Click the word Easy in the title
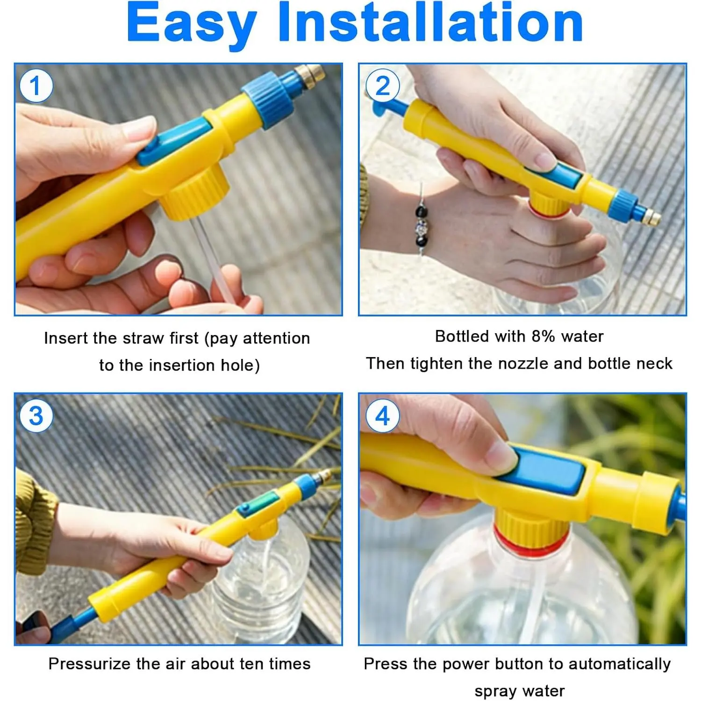(x=192, y=24)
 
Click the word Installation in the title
(x=430, y=21)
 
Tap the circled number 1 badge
(x=36, y=86)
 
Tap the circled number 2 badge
(x=383, y=86)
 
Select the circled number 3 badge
(x=36, y=415)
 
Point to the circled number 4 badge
(x=383, y=415)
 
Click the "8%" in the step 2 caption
(x=544, y=336)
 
